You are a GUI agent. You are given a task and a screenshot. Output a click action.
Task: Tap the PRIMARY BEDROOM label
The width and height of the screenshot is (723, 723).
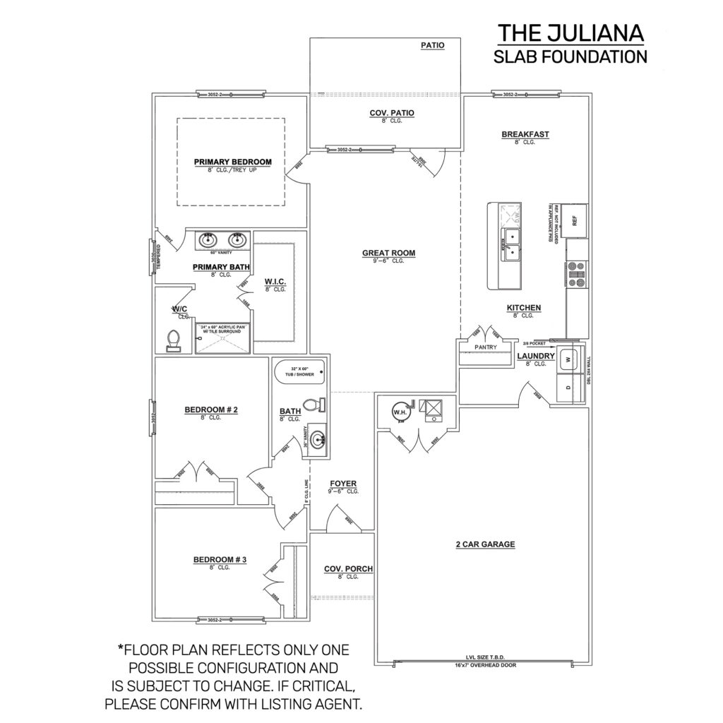[232, 162]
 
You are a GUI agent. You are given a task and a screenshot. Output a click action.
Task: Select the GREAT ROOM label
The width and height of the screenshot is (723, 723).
[388, 253]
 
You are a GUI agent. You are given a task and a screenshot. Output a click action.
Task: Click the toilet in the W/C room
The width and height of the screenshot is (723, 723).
[172, 342]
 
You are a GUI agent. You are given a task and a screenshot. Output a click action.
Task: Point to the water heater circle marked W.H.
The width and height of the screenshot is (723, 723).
[399, 411]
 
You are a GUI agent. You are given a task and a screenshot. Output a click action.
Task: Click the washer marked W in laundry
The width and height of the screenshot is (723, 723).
[567, 359]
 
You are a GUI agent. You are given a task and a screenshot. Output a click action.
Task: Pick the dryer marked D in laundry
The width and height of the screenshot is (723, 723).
[567, 388]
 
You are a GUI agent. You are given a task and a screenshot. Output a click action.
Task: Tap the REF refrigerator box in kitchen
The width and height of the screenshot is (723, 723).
[575, 221]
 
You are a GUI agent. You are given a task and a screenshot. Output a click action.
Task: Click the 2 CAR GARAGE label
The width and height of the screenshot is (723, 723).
[485, 544]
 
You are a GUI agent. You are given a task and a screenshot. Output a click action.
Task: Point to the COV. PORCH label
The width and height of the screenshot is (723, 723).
[348, 569]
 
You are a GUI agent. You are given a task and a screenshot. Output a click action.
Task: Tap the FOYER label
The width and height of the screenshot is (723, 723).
[343, 484]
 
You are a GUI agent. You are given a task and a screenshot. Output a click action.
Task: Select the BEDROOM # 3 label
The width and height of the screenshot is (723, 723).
[220, 560]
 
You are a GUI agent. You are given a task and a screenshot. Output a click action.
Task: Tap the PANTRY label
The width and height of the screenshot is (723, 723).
[486, 347]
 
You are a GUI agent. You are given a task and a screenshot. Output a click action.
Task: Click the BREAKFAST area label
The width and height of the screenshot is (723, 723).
[525, 134]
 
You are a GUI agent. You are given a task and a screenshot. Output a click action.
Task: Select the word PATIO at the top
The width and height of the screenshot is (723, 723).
[432, 45]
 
